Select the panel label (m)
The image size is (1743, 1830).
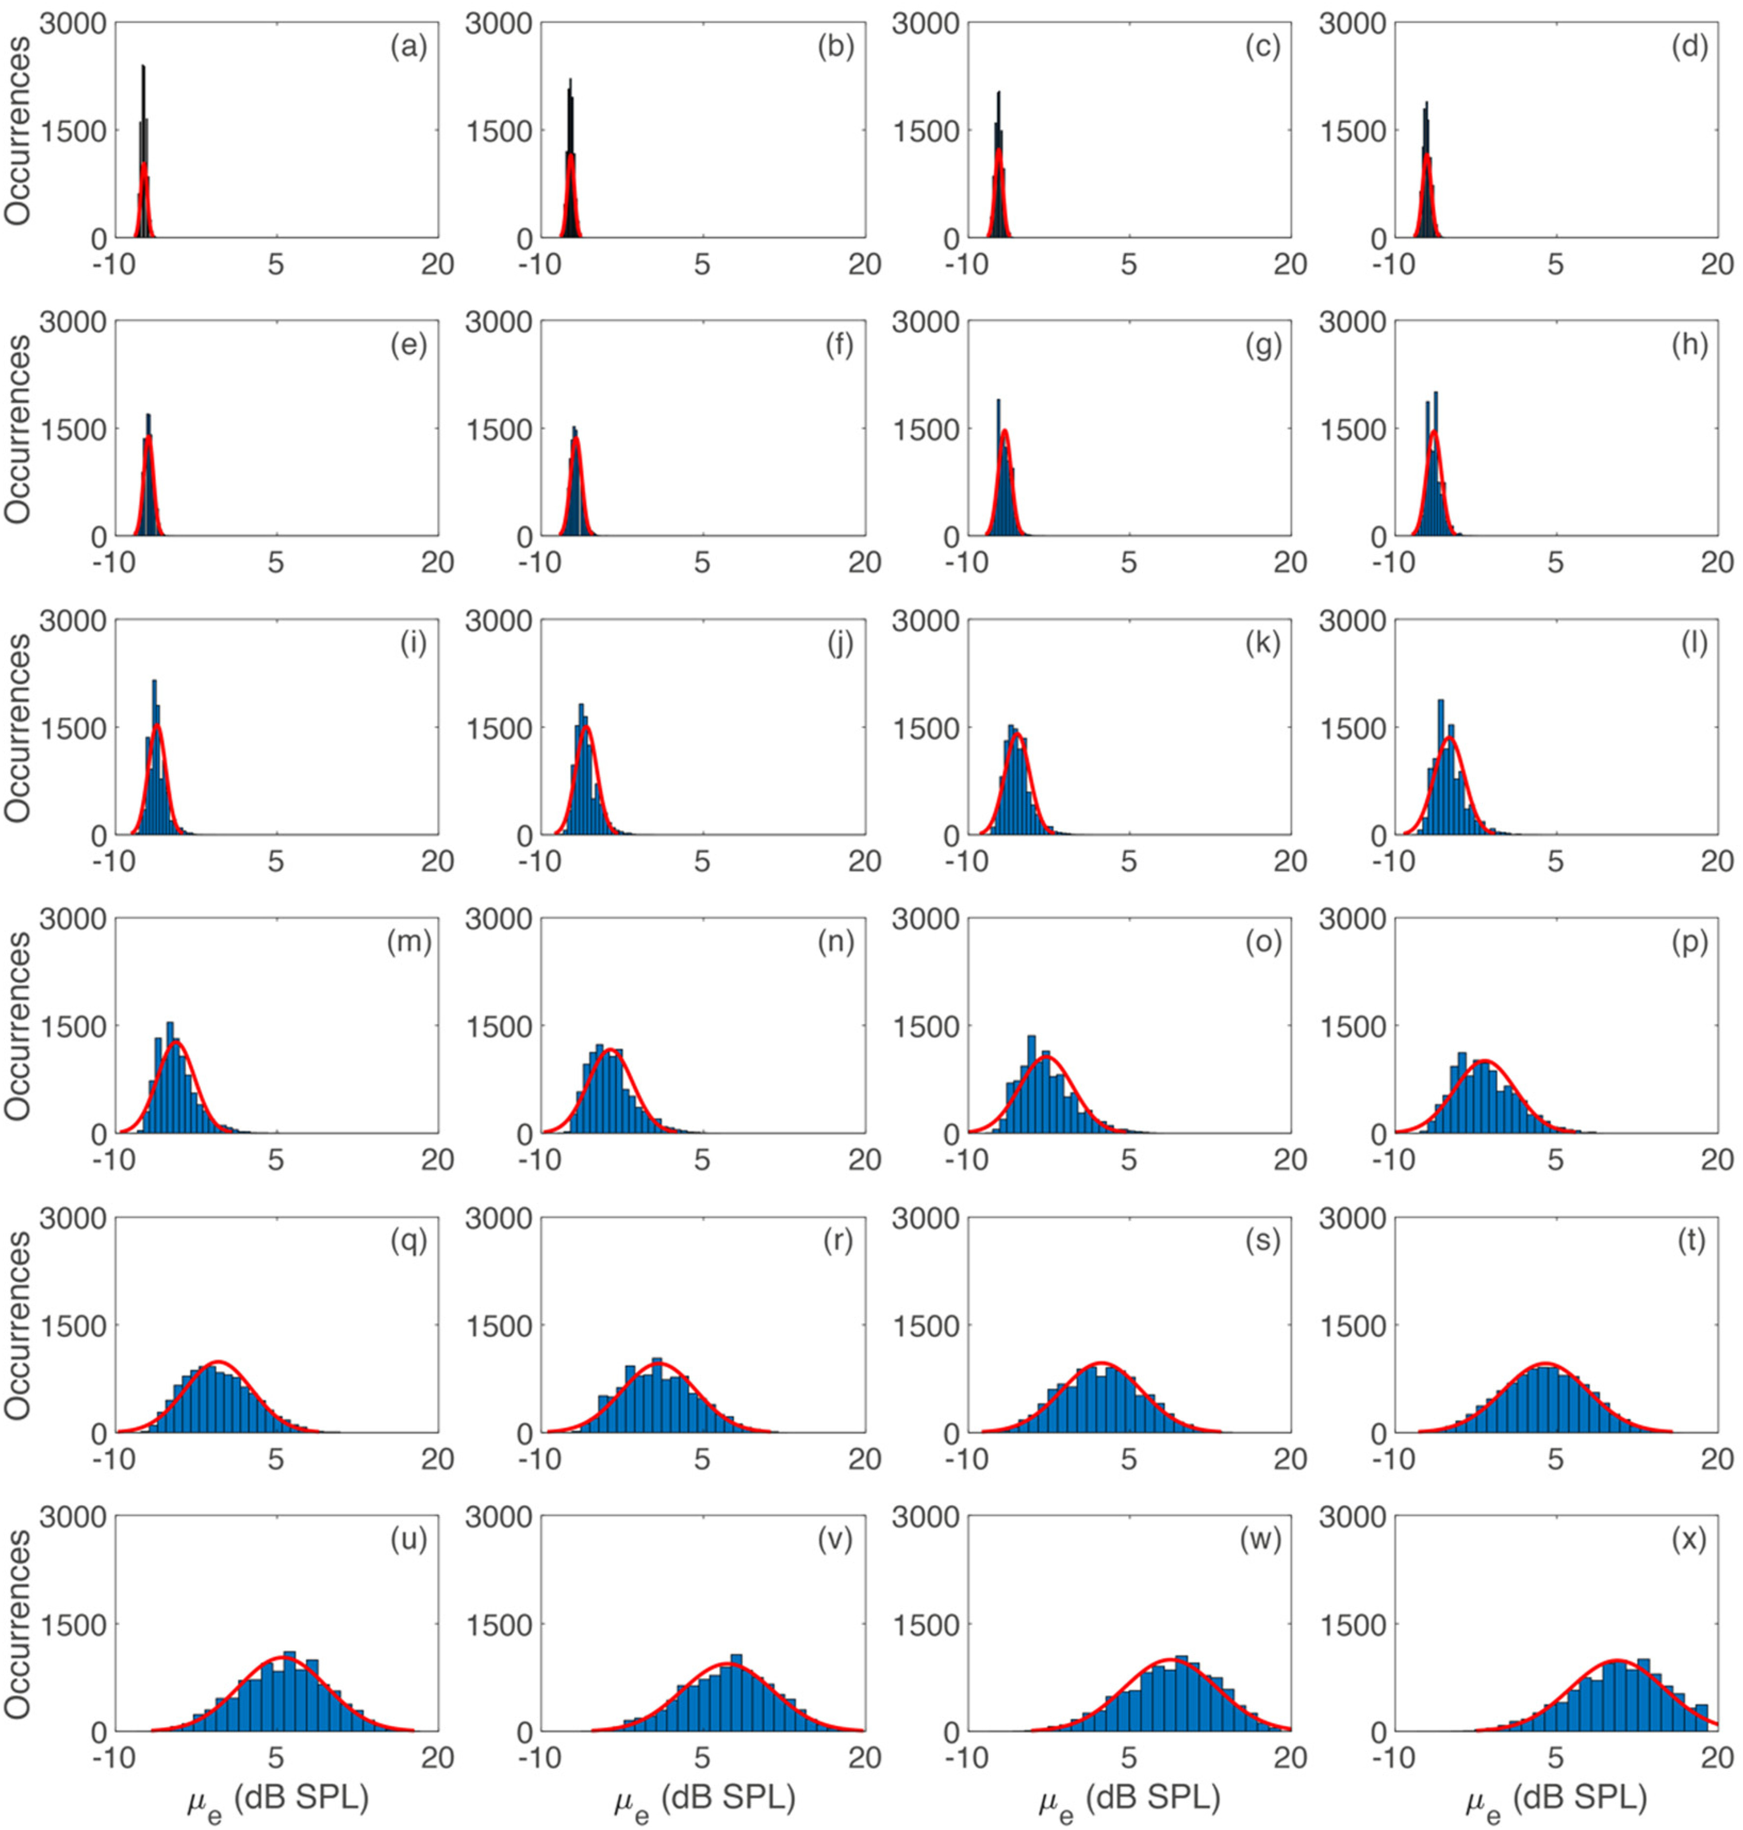[x=409, y=943]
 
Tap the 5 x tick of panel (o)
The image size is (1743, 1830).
[x=1128, y=1159]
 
